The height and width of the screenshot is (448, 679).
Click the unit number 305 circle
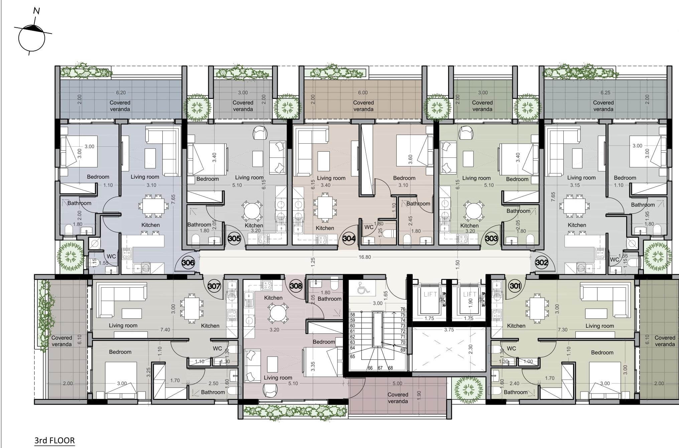point(234,239)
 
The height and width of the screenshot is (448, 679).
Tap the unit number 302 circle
point(541,262)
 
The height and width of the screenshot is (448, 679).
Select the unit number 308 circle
point(296,286)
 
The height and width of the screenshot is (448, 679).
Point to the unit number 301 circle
point(515,286)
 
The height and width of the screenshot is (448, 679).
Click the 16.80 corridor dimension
point(365,257)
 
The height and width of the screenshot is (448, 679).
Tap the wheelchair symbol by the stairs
point(362,288)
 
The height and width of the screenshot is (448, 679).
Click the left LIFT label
point(430,294)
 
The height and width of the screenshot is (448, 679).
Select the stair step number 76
point(403,309)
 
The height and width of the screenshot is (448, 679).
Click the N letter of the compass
point(36,11)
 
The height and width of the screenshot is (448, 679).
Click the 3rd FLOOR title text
point(54,440)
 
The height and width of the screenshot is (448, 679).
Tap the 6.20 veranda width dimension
point(121,93)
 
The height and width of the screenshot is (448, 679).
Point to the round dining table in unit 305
point(252,211)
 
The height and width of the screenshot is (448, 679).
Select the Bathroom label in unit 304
point(418,203)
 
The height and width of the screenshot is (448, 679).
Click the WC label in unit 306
point(111,256)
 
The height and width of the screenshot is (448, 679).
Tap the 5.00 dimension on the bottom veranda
point(397,384)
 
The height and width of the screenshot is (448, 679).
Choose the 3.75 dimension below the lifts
point(449,330)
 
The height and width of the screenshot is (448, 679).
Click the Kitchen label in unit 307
point(210,326)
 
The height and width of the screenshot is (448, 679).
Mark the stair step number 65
point(353,356)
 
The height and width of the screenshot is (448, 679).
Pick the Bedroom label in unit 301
point(602,352)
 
